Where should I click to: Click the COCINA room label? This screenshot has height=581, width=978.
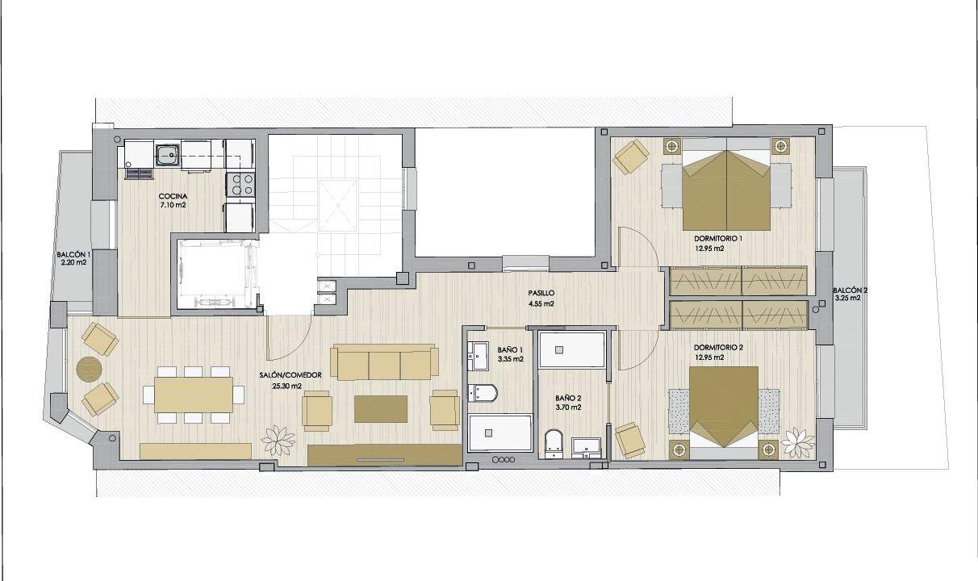coord(173,196)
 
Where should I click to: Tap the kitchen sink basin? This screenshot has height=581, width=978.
coord(168,155)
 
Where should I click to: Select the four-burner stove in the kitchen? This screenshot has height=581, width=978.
coord(240,184)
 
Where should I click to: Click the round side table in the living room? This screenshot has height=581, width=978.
coord(89,370)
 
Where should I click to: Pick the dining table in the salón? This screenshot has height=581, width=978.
coord(194,395)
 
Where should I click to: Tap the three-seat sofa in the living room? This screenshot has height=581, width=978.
coord(384,362)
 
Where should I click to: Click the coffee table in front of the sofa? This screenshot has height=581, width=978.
coord(381,409)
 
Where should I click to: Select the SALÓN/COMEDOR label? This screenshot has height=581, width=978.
coord(290,375)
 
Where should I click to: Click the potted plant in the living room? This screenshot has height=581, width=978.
coord(278,441)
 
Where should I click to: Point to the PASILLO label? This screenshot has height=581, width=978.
coord(541,294)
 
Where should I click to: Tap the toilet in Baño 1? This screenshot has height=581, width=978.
coord(483,393)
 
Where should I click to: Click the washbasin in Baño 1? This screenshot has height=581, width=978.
coord(479,356)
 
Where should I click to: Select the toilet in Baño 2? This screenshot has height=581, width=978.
coord(554,444)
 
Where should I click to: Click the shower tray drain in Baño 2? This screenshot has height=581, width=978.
coord(559,349)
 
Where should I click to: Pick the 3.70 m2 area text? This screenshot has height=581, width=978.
coord(568,408)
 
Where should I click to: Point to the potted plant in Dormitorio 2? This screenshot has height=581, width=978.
coord(798,443)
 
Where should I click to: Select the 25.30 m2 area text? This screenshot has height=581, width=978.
coord(286,386)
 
